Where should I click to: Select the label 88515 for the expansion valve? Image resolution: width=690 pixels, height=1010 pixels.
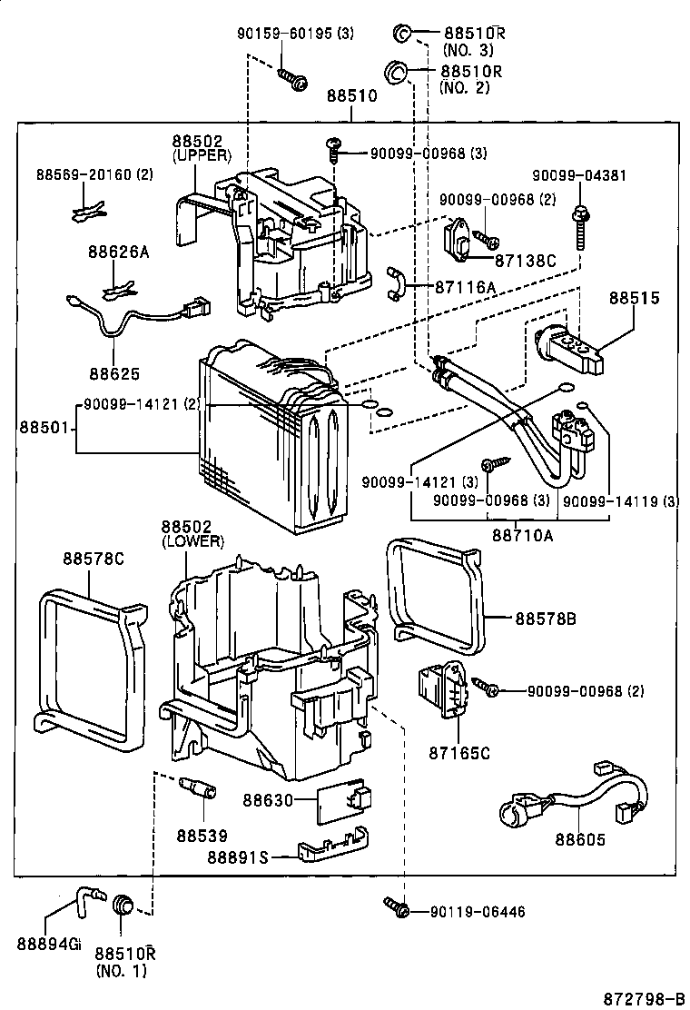tap(635, 297)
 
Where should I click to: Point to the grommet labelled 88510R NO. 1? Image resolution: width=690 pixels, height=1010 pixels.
tap(123, 905)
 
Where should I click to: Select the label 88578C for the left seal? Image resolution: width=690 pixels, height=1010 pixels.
tap(93, 559)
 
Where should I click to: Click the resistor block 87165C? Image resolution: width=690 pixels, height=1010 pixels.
tap(441, 691)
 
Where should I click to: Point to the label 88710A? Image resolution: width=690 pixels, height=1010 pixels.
tap(522, 535)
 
